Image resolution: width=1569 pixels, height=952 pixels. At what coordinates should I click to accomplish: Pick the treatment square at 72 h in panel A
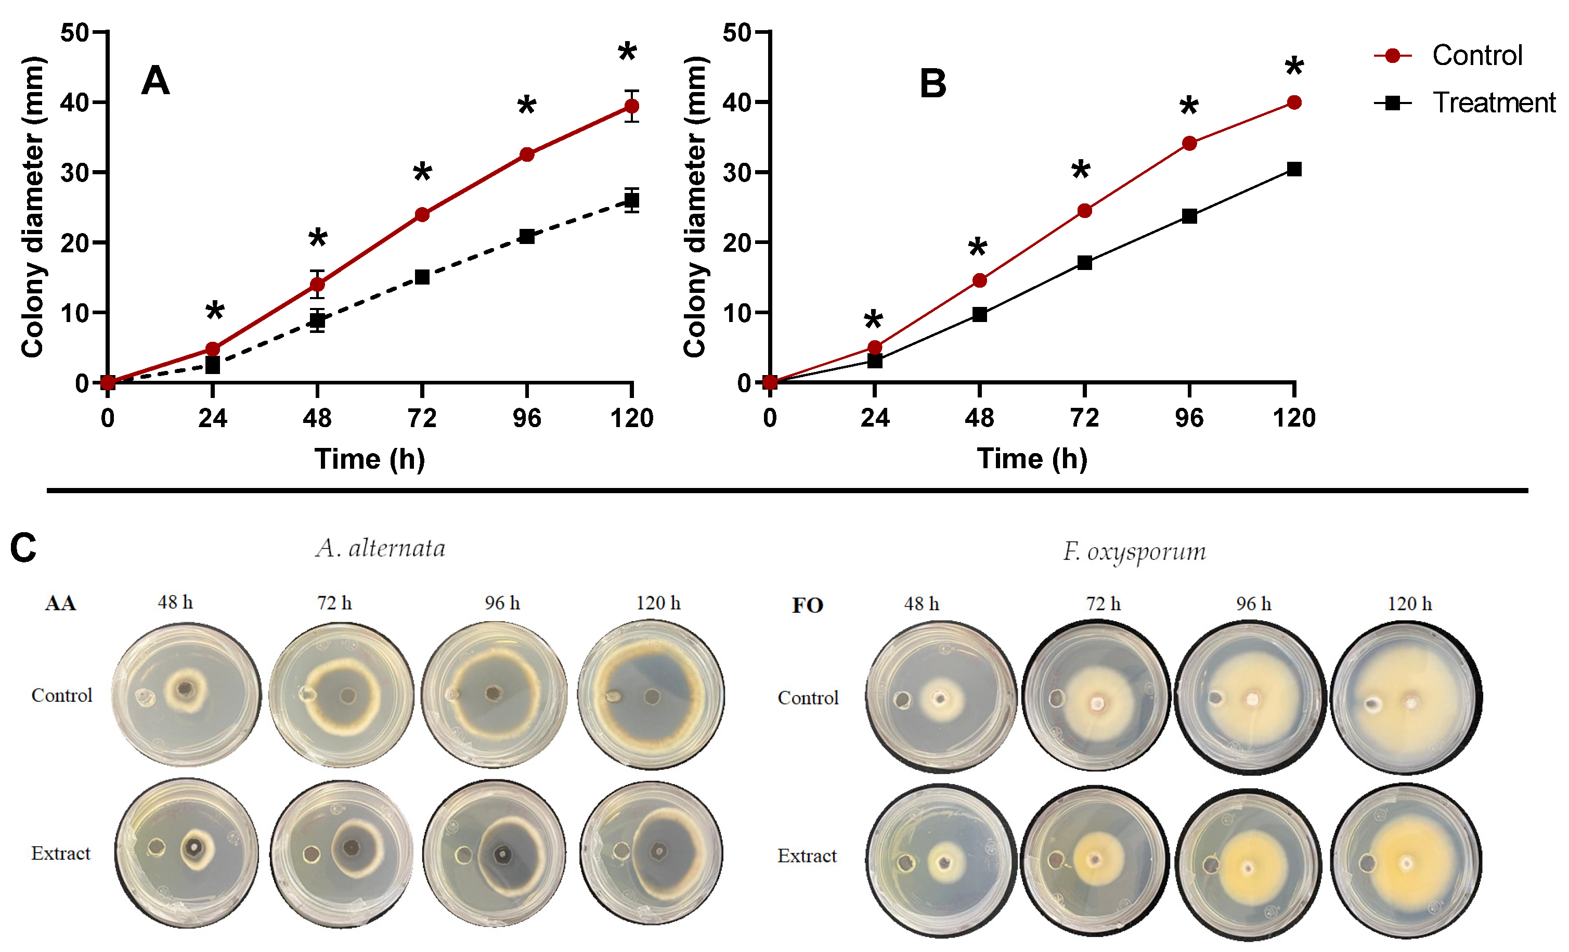click(x=422, y=277)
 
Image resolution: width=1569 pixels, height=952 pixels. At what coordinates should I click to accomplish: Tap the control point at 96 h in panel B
click(x=1189, y=143)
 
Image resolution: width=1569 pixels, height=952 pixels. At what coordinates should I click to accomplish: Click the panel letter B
click(x=933, y=83)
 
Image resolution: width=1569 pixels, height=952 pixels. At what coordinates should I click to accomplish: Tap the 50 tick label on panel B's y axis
click(x=737, y=32)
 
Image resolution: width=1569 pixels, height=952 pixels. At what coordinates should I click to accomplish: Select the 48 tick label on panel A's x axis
click(x=317, y=418)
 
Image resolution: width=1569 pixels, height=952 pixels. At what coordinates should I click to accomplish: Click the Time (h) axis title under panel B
click(x=1032, y=458)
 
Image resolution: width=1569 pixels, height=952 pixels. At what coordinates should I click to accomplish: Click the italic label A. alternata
click(x=380, y=548)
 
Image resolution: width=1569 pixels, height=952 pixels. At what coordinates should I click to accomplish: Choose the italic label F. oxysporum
click(x=1134, y=551)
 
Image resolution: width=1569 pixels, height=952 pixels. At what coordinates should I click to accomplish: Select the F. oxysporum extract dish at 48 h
click(x=940, y=861)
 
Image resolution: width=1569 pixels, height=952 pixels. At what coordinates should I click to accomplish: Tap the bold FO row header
click(x=808, y=605)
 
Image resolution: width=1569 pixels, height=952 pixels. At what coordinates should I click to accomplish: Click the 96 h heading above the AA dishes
click(x=502, y=602)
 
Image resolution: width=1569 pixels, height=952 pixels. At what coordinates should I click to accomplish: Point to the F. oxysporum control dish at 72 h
click(x=1095, y=697)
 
